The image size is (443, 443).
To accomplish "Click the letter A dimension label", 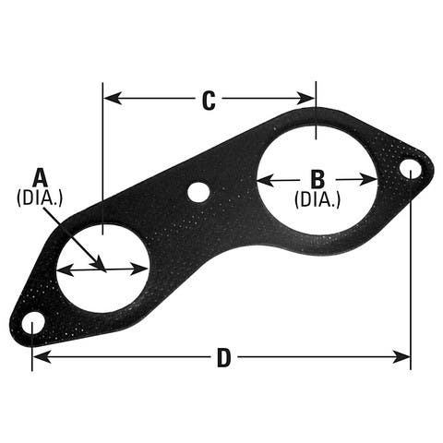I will coord(40,176).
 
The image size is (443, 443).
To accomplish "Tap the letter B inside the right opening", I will coord(317,178).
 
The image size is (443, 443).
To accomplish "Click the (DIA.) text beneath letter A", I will coord(40,197).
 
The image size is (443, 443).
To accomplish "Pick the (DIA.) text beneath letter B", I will coord(317,198).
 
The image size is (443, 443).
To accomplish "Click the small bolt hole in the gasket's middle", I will coord(198,192).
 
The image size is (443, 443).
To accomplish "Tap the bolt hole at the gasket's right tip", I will coord(410,169).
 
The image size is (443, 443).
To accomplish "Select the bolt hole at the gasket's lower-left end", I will coord(33,324).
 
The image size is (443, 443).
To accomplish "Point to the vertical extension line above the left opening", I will coord(102,157).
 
